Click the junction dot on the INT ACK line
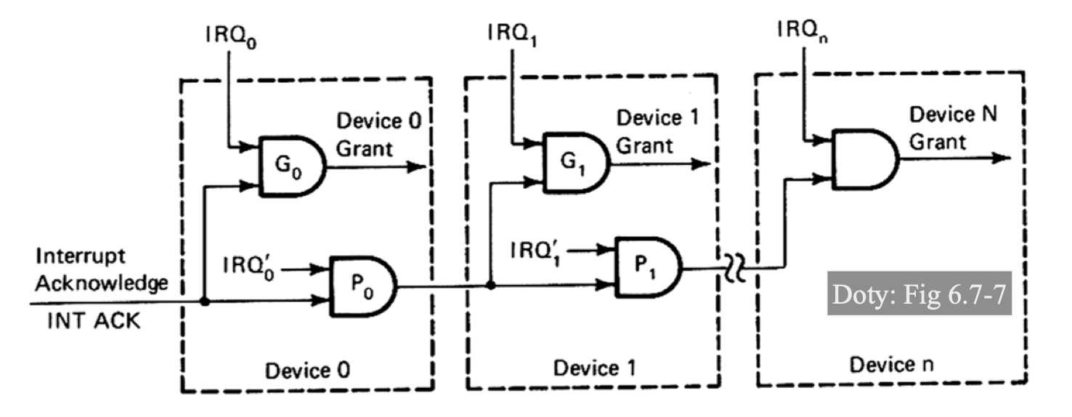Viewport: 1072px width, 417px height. click(204, 301)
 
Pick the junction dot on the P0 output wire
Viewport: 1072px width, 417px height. click(491, 286)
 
